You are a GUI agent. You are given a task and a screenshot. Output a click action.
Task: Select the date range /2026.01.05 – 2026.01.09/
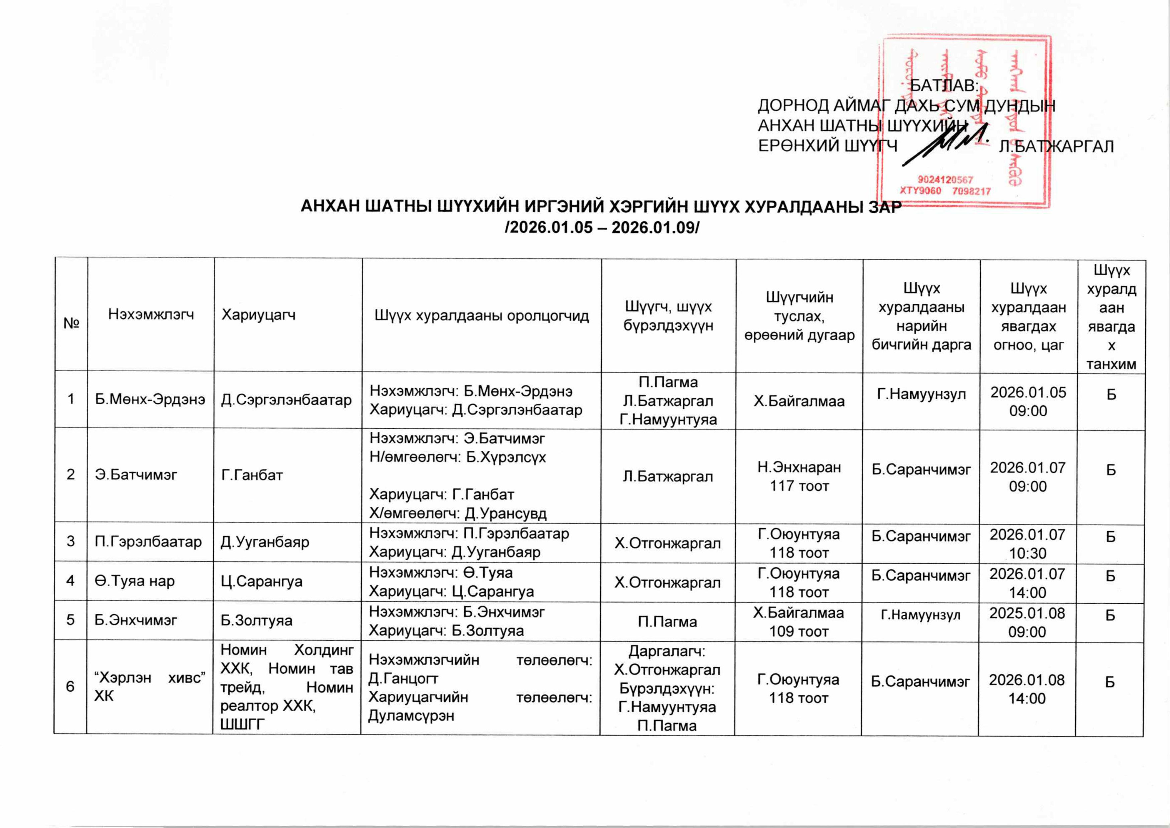[602, 227]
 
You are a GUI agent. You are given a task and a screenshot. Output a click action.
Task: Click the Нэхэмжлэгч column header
[151, 315]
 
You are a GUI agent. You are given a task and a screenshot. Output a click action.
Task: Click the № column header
[71, 322]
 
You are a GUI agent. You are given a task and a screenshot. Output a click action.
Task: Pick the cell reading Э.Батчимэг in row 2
[136, 475]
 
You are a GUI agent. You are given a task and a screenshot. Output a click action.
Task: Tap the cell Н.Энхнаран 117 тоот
[799, 476]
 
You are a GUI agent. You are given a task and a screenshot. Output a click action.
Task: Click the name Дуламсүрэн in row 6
[411, 715]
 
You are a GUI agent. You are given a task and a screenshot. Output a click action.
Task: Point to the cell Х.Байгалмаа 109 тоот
[798, 622]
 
